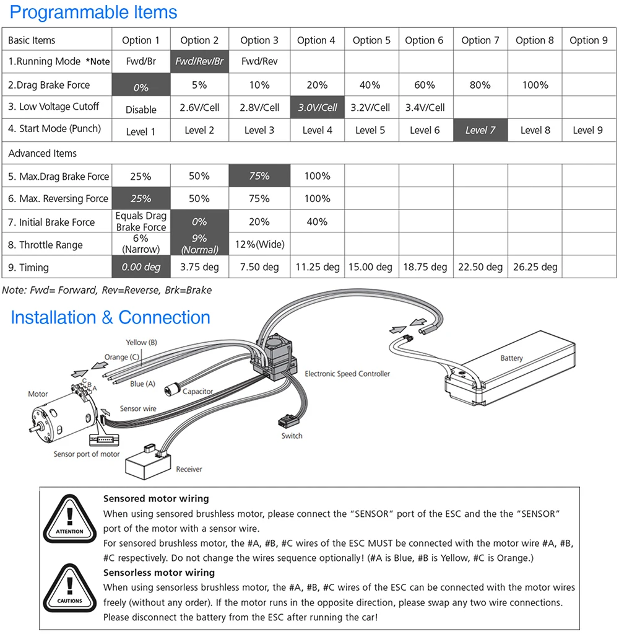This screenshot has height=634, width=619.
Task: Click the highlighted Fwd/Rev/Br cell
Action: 199,62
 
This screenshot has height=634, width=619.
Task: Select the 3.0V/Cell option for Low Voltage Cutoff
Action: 318,107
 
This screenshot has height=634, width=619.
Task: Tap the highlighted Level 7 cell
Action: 480,130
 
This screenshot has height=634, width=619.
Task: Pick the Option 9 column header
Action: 588,40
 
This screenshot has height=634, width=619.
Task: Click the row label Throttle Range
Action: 45,245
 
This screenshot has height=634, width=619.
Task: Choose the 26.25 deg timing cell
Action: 535,267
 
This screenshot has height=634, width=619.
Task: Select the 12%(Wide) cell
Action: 259,245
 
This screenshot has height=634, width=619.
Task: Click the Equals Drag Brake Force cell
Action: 141,221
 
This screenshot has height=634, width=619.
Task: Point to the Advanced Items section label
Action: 43,153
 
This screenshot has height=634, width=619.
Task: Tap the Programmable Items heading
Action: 93,12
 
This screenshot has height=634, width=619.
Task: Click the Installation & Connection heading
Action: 110,317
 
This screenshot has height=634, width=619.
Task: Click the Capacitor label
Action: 197,391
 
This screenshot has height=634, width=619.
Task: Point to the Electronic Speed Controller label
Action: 347,374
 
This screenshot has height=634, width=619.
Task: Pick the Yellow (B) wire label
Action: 141,342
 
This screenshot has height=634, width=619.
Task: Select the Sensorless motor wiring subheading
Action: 159,573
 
